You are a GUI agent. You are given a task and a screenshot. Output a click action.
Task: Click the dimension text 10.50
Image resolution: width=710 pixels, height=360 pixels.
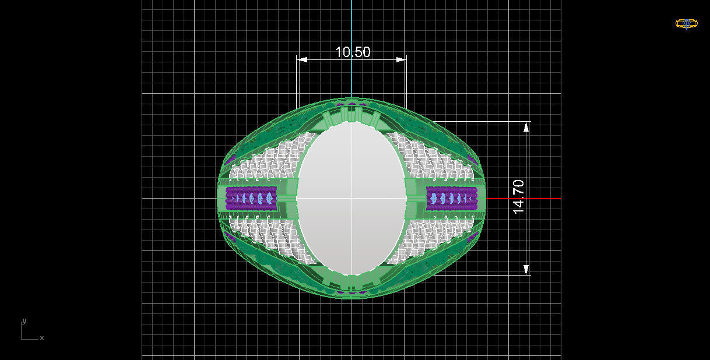pyautogui.click(x=352, y=52)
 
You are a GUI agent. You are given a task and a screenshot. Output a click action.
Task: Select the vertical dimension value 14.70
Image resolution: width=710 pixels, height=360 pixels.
pyautogui.click(x=518, y=196)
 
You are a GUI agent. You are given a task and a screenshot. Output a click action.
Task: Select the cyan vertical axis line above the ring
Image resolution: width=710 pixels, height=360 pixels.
pyautogui.click(x=352, y=47)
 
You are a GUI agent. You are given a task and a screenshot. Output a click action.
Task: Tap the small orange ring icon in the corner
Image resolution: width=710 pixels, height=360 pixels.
pyautogui.click(x=686, y=24)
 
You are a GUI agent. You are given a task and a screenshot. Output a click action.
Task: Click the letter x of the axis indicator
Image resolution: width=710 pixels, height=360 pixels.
pyautogui.click(x=42, y=338)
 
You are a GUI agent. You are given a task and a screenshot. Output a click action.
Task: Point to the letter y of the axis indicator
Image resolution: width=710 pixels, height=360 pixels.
pyautogui.click(x=24, y=321)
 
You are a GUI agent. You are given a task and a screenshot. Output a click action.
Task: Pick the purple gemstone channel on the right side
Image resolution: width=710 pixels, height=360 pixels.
pyautogui.click(x=451, y=199)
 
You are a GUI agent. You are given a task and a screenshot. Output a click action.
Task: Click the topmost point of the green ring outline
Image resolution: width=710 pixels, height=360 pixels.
pyautogui.click(x=352, y=98)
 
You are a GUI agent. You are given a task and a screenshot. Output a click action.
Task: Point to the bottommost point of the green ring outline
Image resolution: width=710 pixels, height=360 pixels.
pyautogui.click(x=352, y=298)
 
